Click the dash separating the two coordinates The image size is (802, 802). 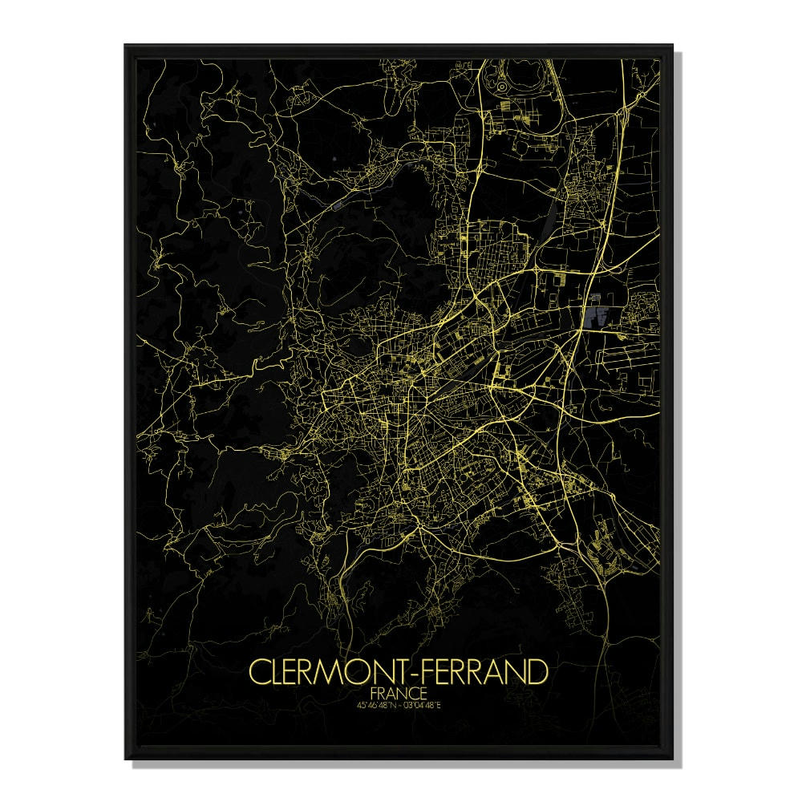[400, 705]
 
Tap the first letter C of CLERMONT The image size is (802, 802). [259, 671]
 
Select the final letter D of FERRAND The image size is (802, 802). [538, 671]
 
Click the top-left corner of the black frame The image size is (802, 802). [125, 46]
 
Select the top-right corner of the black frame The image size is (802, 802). [672, 46]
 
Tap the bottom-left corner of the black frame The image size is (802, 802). [125, 758]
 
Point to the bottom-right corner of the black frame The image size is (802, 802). [672, 758]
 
